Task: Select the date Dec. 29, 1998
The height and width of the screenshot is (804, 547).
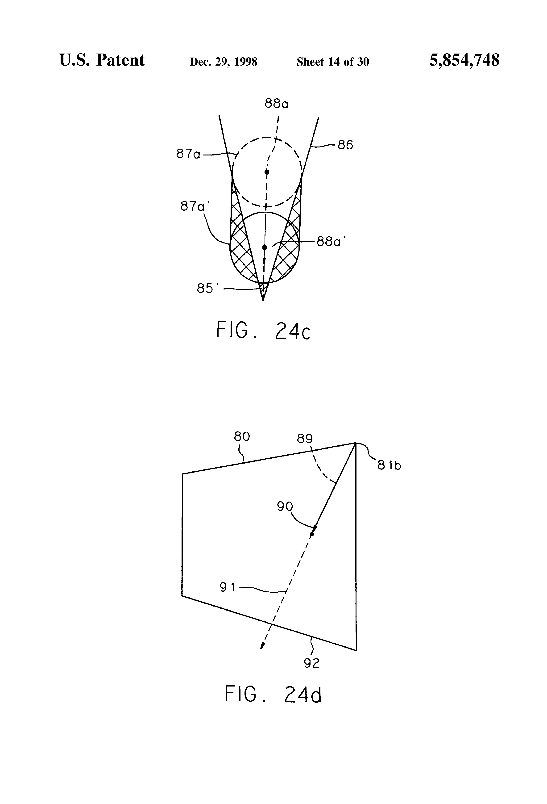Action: (x=223, y=62)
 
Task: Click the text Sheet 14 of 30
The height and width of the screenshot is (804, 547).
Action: (x=333, y=62)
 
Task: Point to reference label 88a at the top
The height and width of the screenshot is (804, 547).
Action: (x=276, y=103)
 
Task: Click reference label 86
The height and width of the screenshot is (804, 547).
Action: (x=345, y=145)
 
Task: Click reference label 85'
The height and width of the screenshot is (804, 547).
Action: (x=206, y=288)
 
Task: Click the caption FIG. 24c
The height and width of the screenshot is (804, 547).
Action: (x=263, y=330)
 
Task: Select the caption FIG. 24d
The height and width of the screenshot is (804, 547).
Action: (x=273, y=694)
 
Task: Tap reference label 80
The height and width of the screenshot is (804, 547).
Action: (x=242, y=437)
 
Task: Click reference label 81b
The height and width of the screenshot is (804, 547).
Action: (x=389, y=466)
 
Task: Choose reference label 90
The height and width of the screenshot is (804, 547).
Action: (x=285, y=507)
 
